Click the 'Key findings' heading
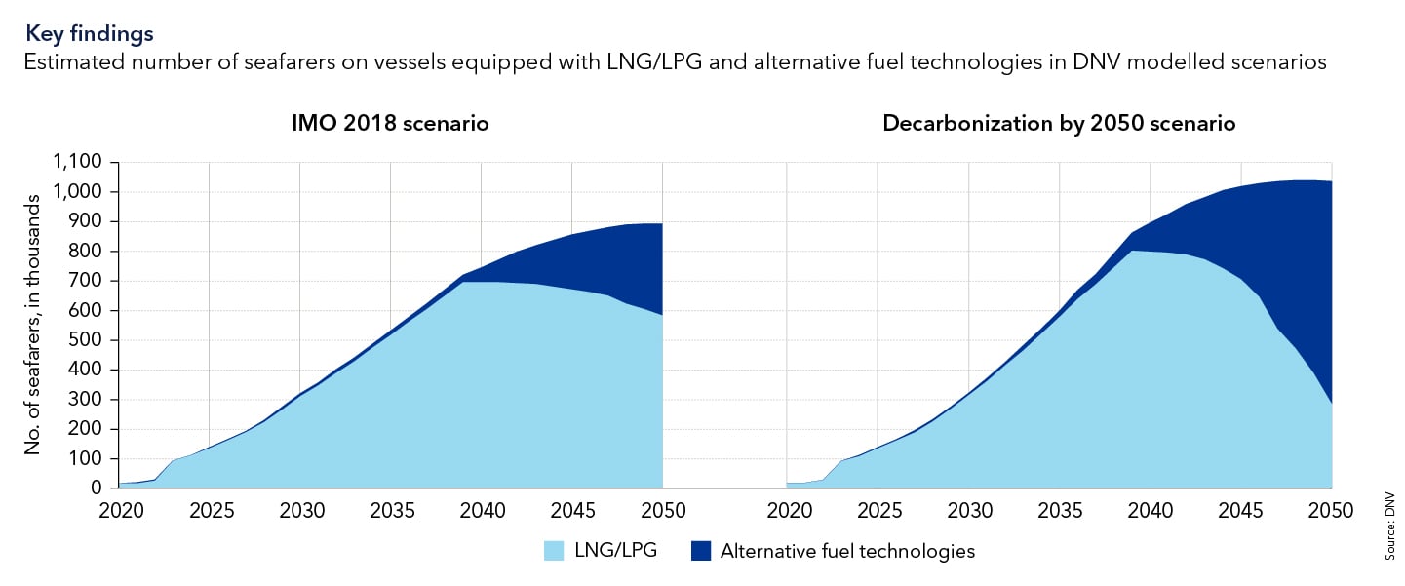pyautogui.click(x=90, y=33)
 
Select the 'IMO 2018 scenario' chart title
pyautogui.click(x=390, y=124)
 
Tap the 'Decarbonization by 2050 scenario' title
pyautogui.click(x=1059, y=124)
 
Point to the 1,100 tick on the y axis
pyautogui.click(x=82, y=163)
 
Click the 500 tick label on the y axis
pyautogui.click(x=89, y=340)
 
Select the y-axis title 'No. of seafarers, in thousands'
pyautogui.click(x=32, y=326)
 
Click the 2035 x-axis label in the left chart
pyautogui.click(x=390, y=510)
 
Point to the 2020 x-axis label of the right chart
pyautogui.click(x=787, y=510)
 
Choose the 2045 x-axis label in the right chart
pyautogui.click(x=1241, y=510)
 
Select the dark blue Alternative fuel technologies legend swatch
pyautogui.click(x=699, y=551)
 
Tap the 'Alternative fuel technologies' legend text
pyautogui.click(x=847, y=551)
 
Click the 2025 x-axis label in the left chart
pyautogui.click(x=210, y=510)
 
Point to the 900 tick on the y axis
pyautogui.click(x=89, y=222)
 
